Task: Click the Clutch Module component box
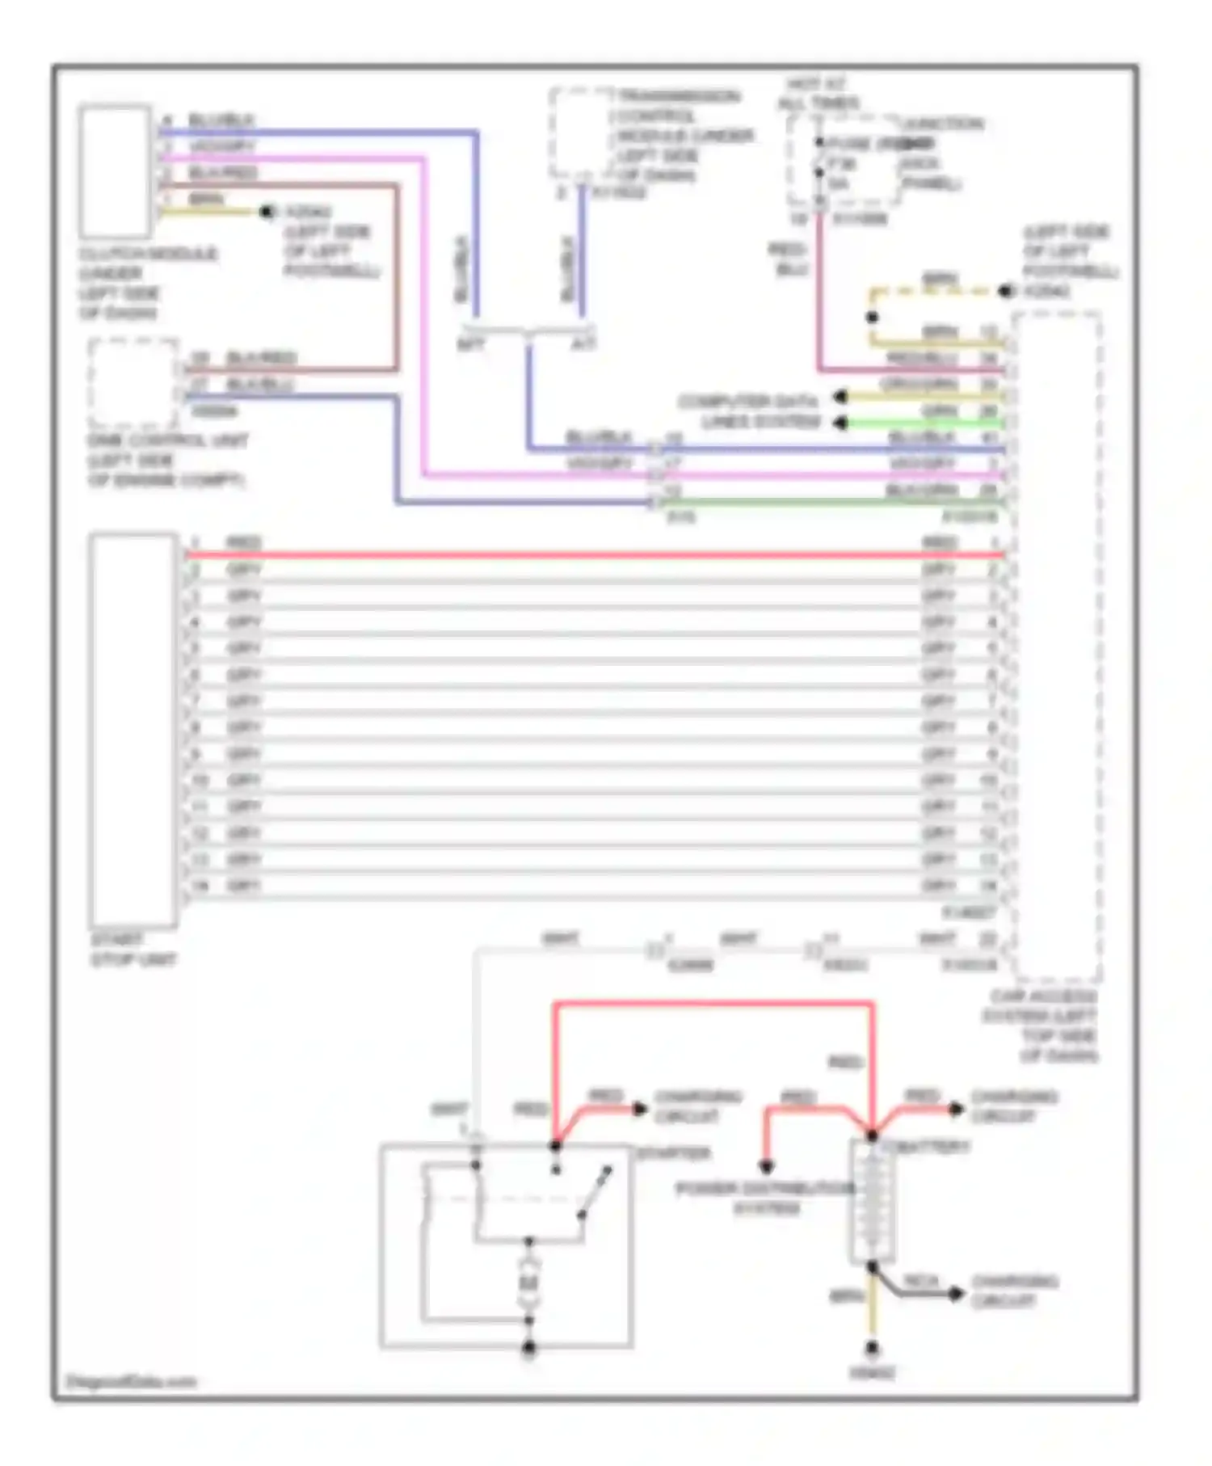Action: (115, 171)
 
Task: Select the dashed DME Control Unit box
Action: (133, 385)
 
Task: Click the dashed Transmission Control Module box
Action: (580, 133)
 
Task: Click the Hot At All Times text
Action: (817, 94)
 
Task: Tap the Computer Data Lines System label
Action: (748, 411)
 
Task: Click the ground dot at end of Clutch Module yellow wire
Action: (267, 213)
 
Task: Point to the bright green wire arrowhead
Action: (840, 423)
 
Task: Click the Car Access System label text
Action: (1041, 1026)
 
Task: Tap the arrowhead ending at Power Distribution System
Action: (766, 1166)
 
